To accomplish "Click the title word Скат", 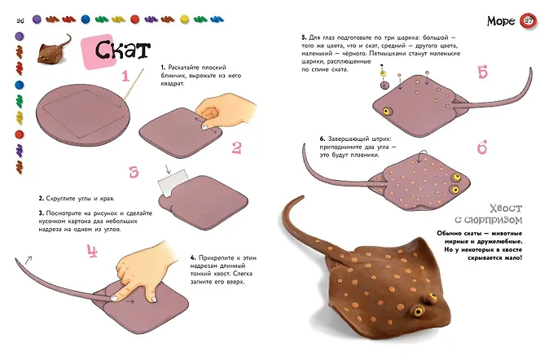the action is (122, 50).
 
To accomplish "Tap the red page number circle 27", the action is (528, 20).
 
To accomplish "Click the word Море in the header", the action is (501, 21).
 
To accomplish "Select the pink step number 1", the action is (125, 76).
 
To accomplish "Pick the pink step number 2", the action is (237, 147).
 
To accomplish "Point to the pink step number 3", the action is (134, 172).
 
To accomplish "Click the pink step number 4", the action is (92, 251).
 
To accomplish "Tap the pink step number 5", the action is (482, 72).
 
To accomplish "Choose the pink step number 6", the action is (482, 147).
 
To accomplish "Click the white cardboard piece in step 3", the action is (173, 182).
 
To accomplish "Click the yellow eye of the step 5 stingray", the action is (386, 112).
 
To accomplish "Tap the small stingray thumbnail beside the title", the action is (55, 49).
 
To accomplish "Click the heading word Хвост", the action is (506, 209).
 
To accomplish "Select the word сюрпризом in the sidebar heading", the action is (493, 220).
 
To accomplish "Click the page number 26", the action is (20, 20).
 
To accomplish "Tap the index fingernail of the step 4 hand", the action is (115, 298).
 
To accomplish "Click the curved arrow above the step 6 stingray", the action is (423, 154).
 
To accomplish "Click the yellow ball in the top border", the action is (184, 20).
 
